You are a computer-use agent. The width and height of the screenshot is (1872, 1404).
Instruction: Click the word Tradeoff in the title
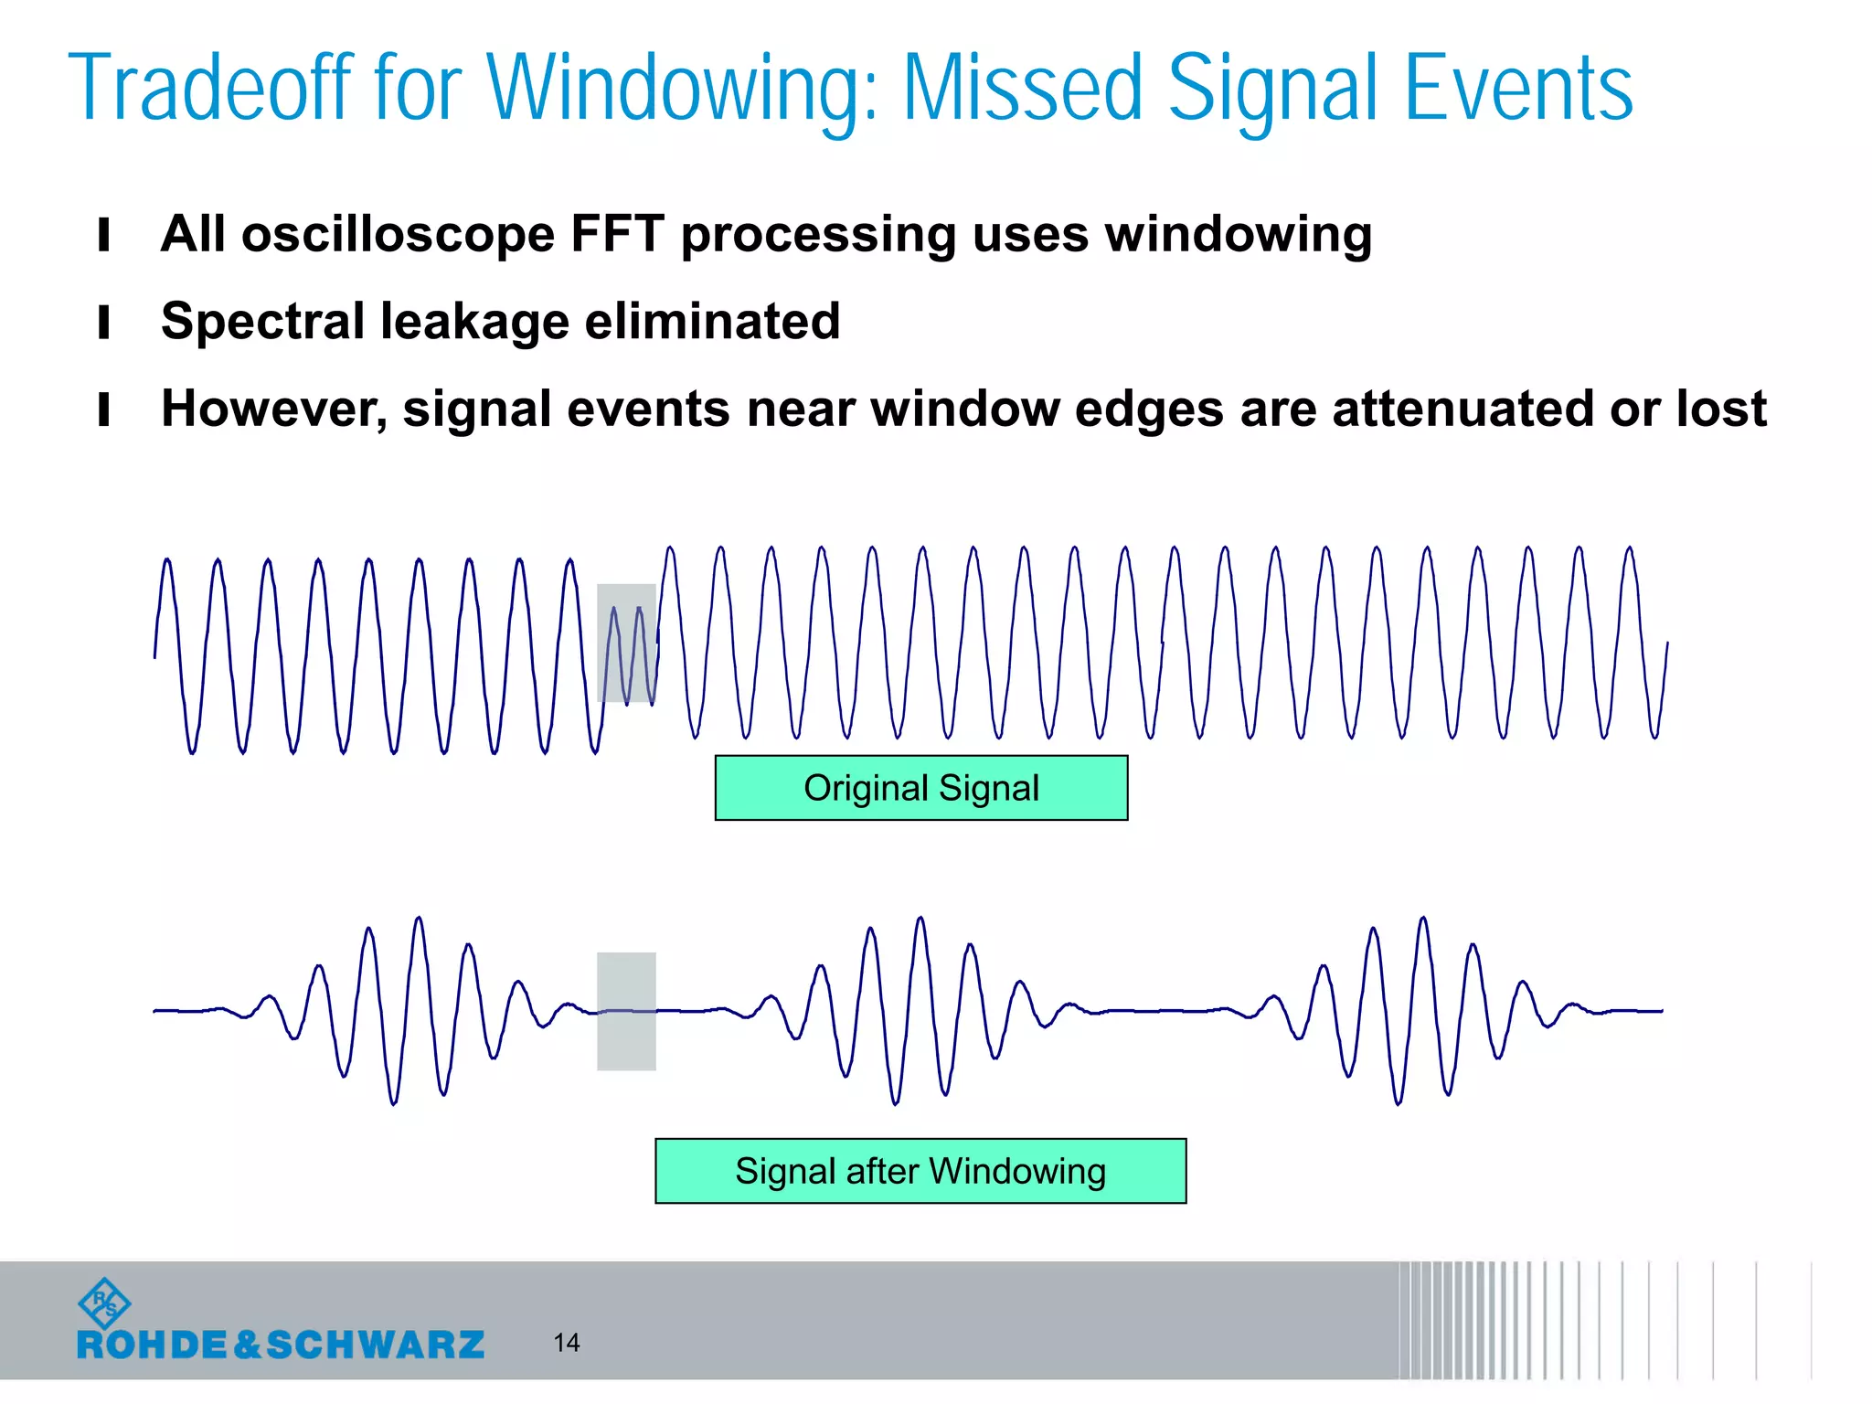[x=211, y=89]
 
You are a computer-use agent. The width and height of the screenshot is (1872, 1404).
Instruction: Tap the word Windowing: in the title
[x=682, y=89]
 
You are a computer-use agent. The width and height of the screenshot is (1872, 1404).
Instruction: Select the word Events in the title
[x=1517, y=89]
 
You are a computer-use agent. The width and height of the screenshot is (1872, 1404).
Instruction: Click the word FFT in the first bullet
[x=617, y=234]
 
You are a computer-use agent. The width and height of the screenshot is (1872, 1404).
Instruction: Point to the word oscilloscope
[x=398, y=234]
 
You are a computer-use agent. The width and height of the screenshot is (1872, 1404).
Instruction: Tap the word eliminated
[x=712, y=321]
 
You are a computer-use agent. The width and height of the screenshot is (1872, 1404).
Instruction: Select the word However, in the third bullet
[x=274, y=409]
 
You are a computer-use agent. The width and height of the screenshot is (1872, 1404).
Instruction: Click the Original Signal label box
[x=920, y=788]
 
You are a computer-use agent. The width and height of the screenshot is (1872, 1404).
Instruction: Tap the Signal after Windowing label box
[x=920, y=1171]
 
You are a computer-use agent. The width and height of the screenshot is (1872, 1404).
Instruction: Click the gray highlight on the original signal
[x=626, y=643]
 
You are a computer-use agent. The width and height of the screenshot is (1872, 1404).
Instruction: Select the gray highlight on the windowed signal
[x=626, y=1011]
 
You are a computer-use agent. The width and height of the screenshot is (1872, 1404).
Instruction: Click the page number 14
[x=566, y=1342]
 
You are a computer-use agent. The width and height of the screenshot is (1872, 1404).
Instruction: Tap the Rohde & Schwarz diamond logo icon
[x=104, y=1303]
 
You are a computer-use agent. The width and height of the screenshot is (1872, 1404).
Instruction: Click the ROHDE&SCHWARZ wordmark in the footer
[x=281, y=1345]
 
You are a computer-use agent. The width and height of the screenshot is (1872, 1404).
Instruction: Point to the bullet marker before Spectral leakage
[x=104, y=322]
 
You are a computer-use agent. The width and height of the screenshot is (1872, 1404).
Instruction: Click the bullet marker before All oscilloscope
[x=104, y=235]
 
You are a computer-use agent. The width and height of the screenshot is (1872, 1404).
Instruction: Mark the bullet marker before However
[x=104, y=409]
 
